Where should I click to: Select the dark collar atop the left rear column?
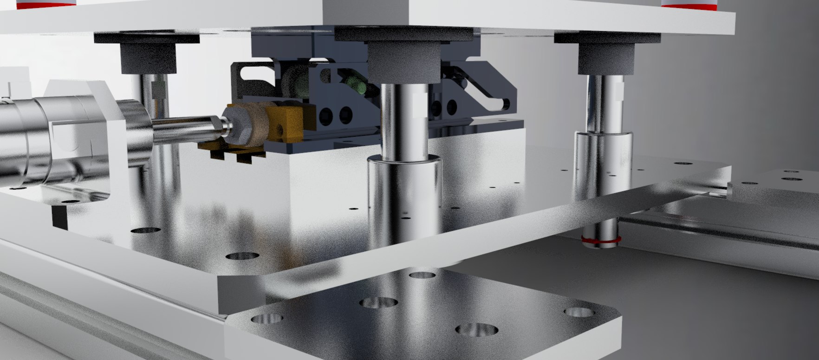click(149, 58)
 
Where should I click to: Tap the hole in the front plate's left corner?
click(266, 319)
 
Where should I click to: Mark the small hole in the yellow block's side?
click(280, 127)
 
